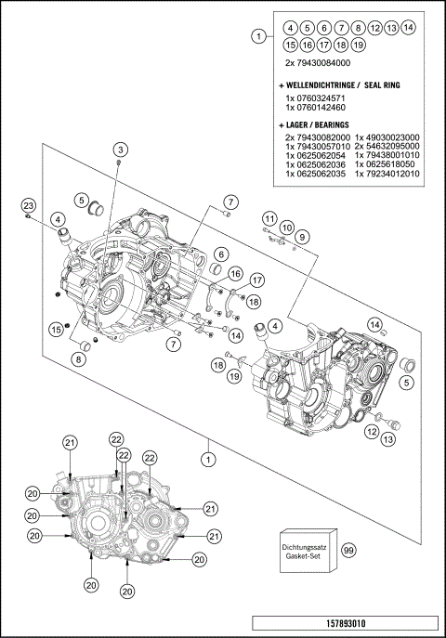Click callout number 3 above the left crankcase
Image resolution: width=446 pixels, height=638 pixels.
[120, 150]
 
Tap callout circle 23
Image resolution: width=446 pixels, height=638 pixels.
[28, 205]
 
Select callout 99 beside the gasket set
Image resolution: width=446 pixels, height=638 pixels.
[348, 550]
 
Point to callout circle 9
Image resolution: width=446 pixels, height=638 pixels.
[302, 238]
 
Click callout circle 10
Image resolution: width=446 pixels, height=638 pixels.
[287, 228]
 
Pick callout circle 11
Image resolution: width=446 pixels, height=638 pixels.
[270, 217]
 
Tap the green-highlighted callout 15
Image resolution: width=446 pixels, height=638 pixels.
[57, 328]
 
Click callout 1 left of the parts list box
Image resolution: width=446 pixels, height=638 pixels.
[257, 36]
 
